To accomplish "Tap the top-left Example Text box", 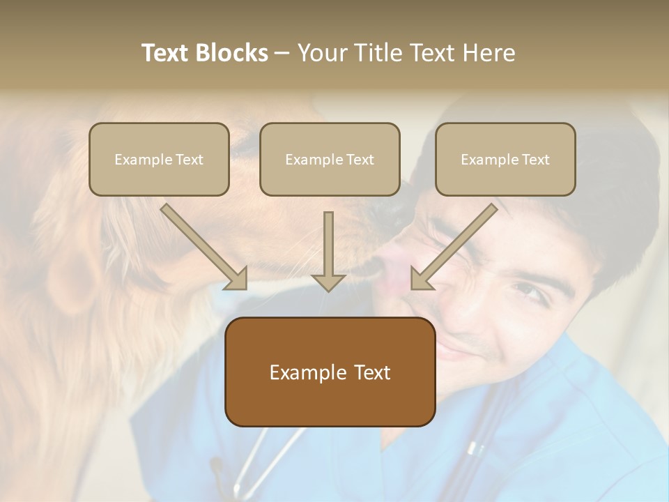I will (x=159, y=160).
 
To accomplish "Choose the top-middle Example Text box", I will (x=330, y=160).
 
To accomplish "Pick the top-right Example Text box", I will (x=505, y=160).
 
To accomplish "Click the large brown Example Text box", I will (x=330, y=372).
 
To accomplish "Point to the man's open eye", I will (x=531, y=290).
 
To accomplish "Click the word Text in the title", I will (x=167, y=53).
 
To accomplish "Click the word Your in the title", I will (x=322, y=53).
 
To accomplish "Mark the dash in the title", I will (x=282, y=53).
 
